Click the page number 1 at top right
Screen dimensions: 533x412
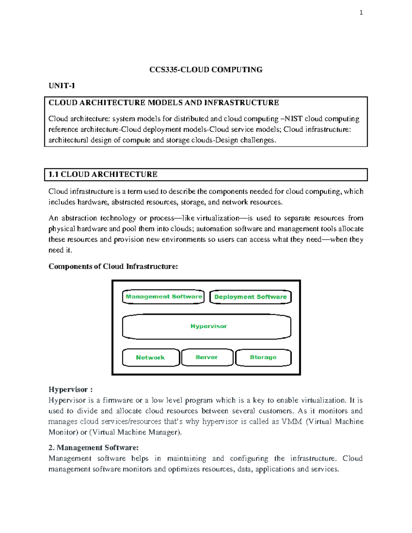tap(361, 13)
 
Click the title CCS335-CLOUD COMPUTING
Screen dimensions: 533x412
tap(206, 70)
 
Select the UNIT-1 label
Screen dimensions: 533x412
tap(61, 86)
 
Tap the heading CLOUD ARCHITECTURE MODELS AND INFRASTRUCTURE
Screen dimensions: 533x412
tap(163, 103)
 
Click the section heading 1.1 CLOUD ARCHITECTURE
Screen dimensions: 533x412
tap(103, 174)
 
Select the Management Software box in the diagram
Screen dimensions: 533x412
tap(163, 297)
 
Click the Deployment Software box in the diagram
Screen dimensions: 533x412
tap(250, 297)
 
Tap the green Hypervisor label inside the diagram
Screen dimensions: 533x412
tap(208, 326)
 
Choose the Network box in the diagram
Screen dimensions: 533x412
tap(150, 357)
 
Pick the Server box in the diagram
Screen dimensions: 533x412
tap(207, 357)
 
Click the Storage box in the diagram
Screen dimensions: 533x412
tap(263, 357)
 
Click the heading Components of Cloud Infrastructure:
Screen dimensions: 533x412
tap(113, 266)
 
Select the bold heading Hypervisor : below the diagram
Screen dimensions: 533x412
tap(70, 390)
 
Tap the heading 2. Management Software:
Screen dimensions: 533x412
tap(93, 448)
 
